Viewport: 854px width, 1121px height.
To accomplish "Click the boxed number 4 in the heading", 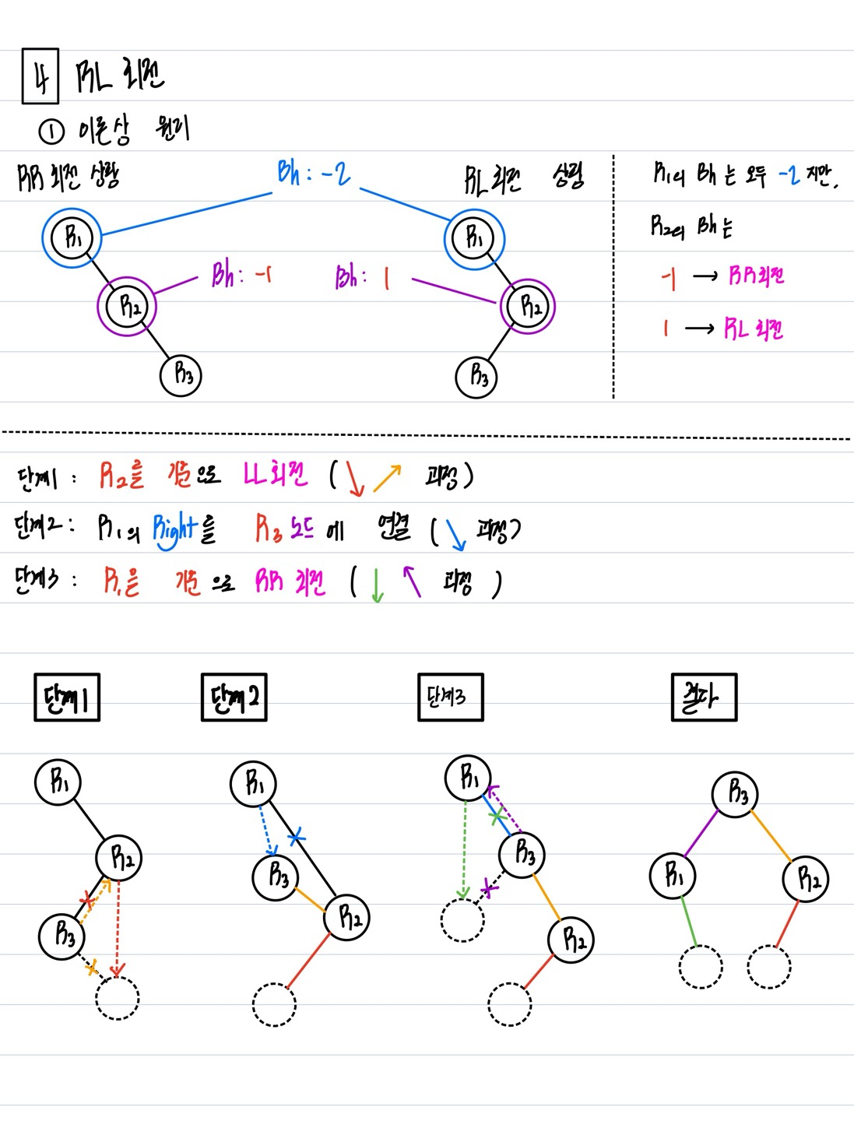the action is [40, 76].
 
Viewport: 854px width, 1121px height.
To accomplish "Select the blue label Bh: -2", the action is [314, 173].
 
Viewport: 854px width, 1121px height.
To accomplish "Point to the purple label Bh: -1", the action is [242, 275].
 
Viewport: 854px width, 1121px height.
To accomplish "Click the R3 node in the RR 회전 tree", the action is [181, 375].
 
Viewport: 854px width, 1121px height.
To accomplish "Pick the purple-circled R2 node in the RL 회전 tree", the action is [529, 306].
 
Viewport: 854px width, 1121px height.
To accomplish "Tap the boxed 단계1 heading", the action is [67, 698].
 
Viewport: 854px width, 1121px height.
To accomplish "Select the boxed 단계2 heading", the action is [234, 698].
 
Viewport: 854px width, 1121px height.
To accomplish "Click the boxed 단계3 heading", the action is [450, 697].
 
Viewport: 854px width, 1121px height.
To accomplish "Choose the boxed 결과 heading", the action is [704, 697].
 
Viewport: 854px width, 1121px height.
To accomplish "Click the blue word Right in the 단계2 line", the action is [175, 529].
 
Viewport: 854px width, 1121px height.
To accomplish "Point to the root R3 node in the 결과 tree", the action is [735, 794].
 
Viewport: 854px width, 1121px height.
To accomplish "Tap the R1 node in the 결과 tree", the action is [673, 876].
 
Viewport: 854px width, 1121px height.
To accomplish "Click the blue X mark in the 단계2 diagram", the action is [297, 838].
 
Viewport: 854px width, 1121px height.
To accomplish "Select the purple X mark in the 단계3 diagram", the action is [488, 888].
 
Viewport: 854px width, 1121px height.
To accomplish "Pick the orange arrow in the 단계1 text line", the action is [387, 478].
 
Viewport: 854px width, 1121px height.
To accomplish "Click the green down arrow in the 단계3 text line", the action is [378, 585].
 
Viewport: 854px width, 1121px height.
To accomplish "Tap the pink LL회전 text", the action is [275, 474].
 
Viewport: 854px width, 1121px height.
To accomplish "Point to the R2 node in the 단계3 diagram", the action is [571, 940].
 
